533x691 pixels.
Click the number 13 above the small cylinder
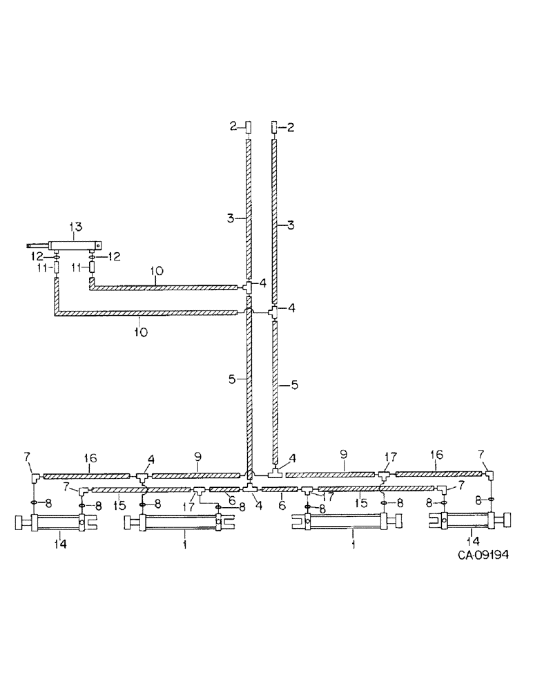tap(75, 227)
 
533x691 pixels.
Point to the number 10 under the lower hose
tap(140, 332)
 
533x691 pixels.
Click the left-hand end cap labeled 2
tap(249, 127)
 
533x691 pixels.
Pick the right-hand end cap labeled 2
tap(274, 127)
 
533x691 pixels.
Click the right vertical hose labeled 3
tap(275, 221)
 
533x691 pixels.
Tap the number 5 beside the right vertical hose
tap(295, 385)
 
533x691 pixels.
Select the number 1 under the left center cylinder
tap(184, 545)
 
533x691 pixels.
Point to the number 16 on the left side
tap(90, 458)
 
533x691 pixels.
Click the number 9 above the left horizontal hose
tap(198, 458)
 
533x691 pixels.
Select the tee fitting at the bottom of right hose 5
tap(275, 474)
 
